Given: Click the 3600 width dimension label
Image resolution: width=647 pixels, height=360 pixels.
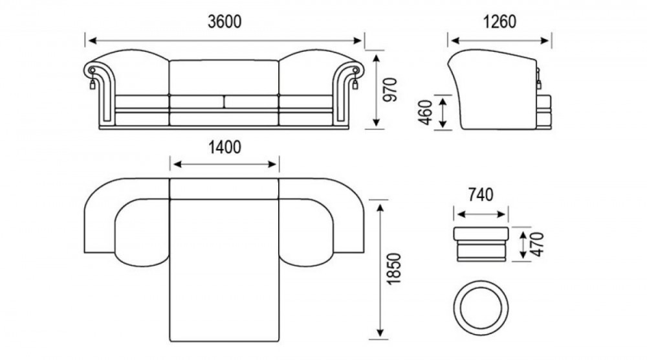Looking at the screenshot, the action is pyautogui.click(x=225, y=22).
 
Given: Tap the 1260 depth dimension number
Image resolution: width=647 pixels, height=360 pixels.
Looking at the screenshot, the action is pyautogui.click(x=499, y=22).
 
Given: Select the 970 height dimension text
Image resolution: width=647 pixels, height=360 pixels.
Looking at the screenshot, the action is pyautogui.click(x=390, y=89).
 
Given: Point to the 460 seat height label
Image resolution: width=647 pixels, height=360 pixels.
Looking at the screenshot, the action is pyautogui.click(x=425, y=112).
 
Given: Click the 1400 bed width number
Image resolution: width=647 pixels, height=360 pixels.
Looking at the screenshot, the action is pyautogui.click(x=225, y=148).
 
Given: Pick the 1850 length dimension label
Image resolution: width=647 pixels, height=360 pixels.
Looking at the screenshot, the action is pyautogui.click(x=394, y=269).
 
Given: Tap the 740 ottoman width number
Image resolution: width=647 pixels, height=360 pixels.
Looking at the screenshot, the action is pyautogui.click(x=481, y=195).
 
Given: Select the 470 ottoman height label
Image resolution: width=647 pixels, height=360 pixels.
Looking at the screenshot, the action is pyautogui.click(x=537, y=244).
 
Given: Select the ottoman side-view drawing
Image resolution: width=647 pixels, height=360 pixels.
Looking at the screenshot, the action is pyautogui.click(x=481, y=244).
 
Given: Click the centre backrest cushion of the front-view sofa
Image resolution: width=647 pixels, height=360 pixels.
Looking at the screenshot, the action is pyautogui.click(x=224, y=78).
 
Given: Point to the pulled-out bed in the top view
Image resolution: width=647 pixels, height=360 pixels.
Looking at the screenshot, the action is pyautogui.click(x=225, y=271).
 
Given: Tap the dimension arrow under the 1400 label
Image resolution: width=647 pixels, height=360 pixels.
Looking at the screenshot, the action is pyautogui.click(x=225, y=164).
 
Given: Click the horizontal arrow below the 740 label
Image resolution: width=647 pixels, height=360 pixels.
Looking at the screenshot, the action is pyautogui.click(x=481, y=214).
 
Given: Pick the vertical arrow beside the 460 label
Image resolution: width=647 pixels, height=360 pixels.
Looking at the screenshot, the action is pyautogui.click(x=443, y=112).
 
